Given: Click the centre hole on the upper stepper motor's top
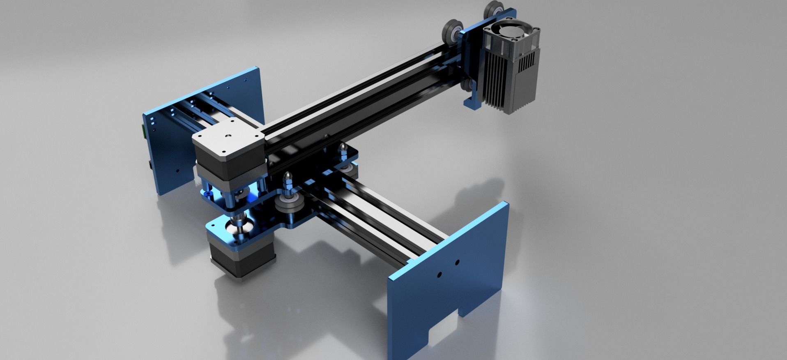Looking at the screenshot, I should [227, 135].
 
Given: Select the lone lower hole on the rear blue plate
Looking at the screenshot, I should [177, 169].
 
